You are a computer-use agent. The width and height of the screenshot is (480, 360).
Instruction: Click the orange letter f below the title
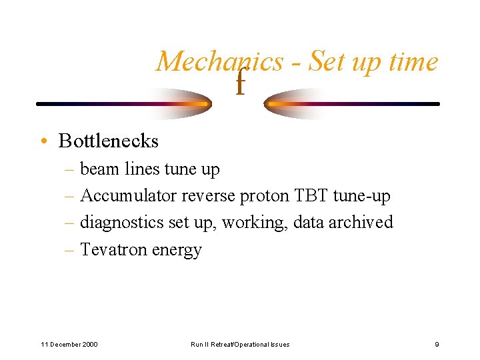coord(241,85)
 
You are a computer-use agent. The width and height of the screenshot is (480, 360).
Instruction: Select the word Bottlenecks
coord(109,141)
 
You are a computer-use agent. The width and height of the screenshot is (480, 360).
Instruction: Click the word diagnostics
coord(123,222)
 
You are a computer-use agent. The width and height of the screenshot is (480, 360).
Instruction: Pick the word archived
coord(361,222)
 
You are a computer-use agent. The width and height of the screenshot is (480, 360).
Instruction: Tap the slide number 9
coord(437,344)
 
